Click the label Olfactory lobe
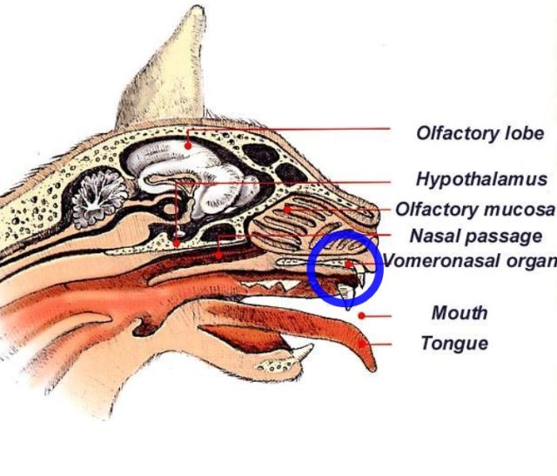click(x=480, y=133)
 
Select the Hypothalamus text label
click(x=481, y=178)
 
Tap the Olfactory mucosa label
click(x=475, y=209)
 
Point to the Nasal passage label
click(x=476, y=236)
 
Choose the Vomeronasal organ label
click(x=470, y=261)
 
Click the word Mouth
click(x=460, y=313)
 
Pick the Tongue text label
click(x=454, y=344)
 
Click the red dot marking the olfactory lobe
click(x=188, y=145)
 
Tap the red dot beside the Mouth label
click(x=362, y=315)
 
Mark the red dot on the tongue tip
click(x=362, y=344)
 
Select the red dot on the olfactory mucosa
click(x=287, y=210)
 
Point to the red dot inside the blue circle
click(x=349, y=264)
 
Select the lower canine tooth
click(x=302, y=351)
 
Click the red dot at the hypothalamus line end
click(x=176, y=244)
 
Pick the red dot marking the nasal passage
click(x=219, y=255)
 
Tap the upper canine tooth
click(x=347, y=297)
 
